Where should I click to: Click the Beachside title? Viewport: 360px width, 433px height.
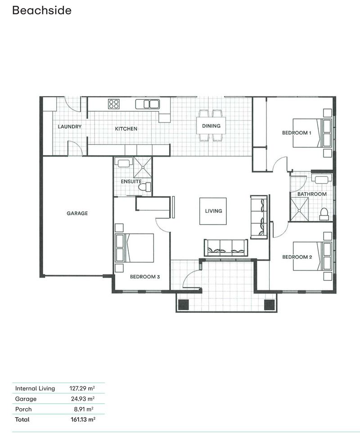(41, 10)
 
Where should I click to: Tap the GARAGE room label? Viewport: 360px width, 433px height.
(77, 213)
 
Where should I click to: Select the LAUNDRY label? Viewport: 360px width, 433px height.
(70, 126)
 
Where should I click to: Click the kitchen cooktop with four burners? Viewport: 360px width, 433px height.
(114, 104)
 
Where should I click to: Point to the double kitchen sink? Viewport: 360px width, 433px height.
(148, 104)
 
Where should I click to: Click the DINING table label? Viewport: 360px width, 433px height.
(211, 126)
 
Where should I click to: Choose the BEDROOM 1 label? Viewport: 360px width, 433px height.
(297, 133)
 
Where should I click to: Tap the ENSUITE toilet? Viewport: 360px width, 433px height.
(144, 187)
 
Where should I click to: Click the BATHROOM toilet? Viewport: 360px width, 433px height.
(324, 214)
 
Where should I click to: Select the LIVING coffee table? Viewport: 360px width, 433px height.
(213, 211)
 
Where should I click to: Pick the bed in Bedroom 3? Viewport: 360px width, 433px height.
(135, 248)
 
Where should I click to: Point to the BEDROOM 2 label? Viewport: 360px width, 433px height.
(297, 257)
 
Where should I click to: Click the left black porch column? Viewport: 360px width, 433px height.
(183, 305)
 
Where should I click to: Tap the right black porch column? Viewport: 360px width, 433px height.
(269, 305)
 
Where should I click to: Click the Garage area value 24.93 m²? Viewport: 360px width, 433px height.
(82, 399)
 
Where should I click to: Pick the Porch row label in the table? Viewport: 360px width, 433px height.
(23, 409)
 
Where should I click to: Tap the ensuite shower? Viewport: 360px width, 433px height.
(143, 167)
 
